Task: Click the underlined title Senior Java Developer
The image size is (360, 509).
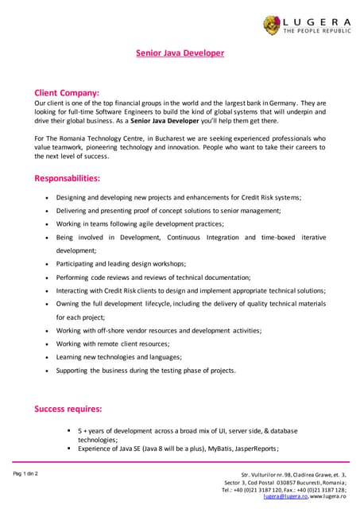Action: (x=180, y=53)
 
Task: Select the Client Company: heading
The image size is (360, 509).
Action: (x=67, y=92)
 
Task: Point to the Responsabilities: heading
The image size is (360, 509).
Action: (x=68, y=178)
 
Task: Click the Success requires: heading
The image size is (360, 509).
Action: (x=68, y=409)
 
